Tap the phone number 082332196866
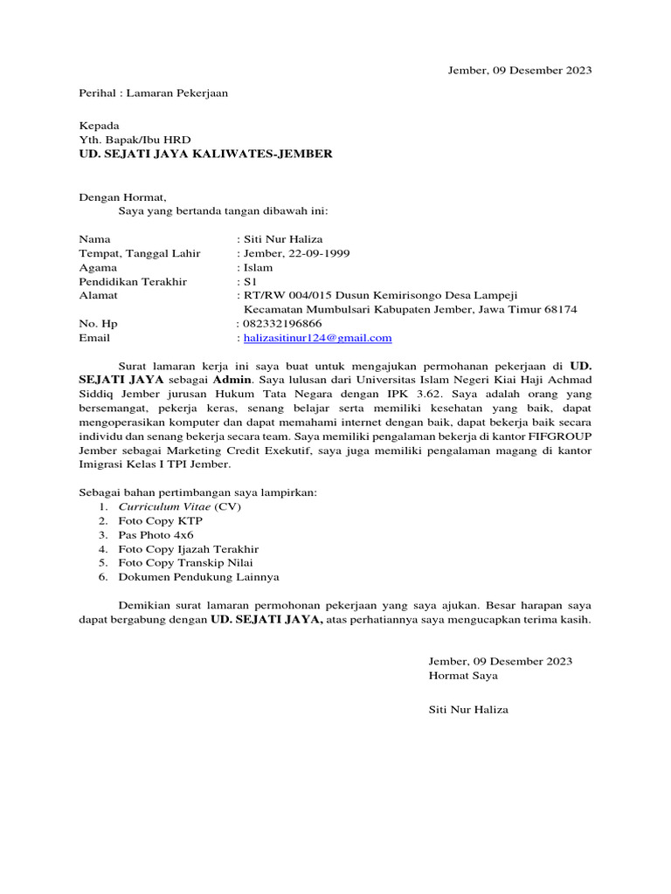click(x=279, y=323)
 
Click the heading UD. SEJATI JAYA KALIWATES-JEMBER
click(x=205, y=154)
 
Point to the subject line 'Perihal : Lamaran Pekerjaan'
click(x=153, y=93)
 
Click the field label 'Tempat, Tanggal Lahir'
click(x=139, y=253)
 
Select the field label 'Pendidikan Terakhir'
click(x=133, y=282)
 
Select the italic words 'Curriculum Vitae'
click(x=164, y=506)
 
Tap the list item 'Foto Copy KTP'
click(x=160, y=520)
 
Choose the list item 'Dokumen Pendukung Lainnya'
click(x=198, y=577)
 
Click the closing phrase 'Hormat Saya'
click(x=463, y=675)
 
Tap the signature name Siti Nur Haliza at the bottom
click(x=467, y=710)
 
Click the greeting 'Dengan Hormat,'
click(x=121, y=197)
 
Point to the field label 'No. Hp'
click(x=97, y=323)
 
